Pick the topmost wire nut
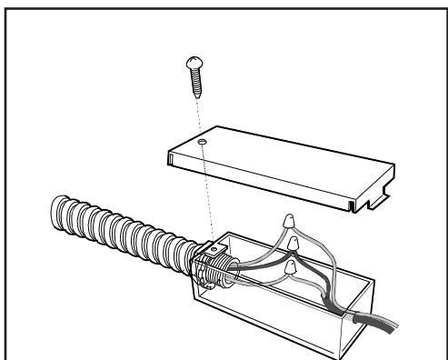[289, 220]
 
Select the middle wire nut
[294, 245]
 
